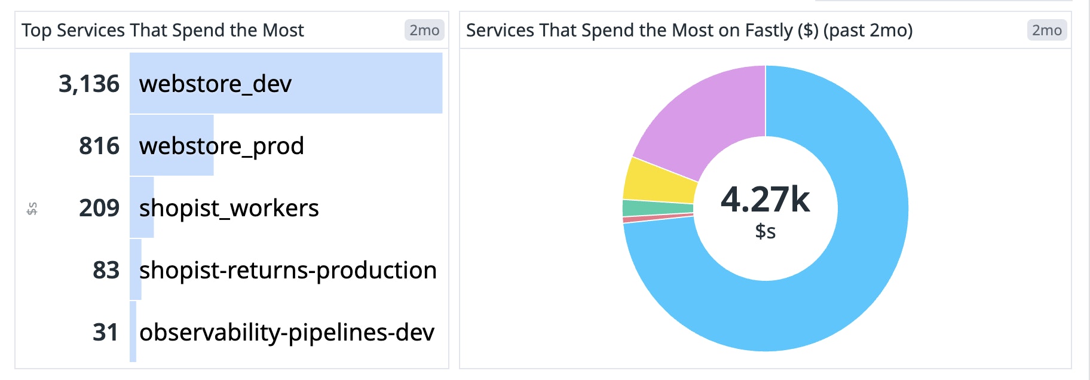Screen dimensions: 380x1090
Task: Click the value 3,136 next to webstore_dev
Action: click(89, 84)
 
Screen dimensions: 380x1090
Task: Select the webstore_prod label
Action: click(221, 146)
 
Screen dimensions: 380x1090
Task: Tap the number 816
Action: click(99, 146)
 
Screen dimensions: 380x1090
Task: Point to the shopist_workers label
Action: click(229, 208)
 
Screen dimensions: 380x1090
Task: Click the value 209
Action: click(99, 208)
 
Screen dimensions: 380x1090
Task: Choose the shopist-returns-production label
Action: click(287, 270)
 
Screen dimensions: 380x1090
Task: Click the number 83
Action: click(106, 270)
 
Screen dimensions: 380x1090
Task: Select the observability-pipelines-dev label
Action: click(286, 332)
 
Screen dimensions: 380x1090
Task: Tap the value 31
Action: click(105, 332)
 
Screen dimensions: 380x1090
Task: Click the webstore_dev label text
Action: click(215, 84)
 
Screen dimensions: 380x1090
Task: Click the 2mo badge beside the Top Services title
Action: click(424, 30)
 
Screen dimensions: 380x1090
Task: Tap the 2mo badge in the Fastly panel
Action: click(1047, 30)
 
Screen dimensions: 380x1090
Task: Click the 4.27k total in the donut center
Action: click(765, 200)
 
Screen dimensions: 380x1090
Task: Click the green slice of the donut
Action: click(657, 208)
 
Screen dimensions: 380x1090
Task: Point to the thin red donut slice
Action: click(657, 219)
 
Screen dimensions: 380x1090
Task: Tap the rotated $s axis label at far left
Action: click(32, 209)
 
